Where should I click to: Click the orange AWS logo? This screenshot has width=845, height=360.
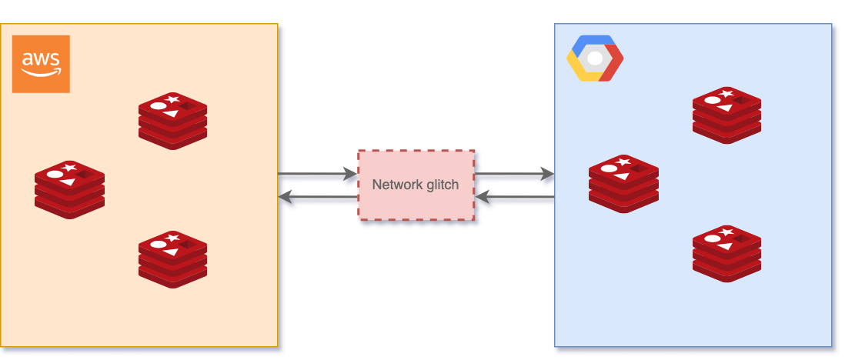41,64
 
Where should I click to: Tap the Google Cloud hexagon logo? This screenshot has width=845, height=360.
595,58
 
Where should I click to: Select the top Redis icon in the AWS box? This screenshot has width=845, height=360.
172,120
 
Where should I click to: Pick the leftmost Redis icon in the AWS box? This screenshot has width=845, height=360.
69,189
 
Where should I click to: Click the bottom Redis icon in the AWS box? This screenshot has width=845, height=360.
172,259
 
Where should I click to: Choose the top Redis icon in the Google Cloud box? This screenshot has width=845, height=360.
726,115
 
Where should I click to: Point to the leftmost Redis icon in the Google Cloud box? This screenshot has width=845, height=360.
623,184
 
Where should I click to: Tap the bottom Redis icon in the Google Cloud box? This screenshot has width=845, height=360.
726,253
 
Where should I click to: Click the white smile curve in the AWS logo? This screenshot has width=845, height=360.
41,74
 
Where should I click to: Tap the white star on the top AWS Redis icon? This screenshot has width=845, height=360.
173,99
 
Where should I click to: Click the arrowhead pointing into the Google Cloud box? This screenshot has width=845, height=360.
547,176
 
